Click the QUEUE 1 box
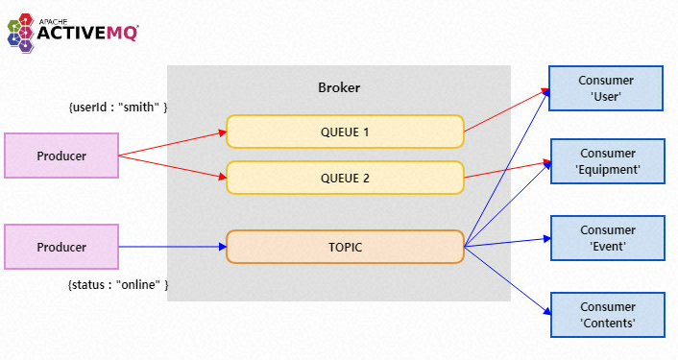pos(345,132)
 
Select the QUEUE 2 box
pos(345,178)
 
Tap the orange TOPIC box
pos(345,247)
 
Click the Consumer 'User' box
pos(606,87)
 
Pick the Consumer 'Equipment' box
pos(606,160)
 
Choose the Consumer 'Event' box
pos(606,238)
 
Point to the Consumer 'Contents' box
pos(606,315)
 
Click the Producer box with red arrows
pos(61,156)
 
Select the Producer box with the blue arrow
pos(61,247)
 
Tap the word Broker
pos(338,88)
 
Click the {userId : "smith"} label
pos(118,108)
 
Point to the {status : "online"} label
pos(118,285)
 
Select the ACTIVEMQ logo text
pos(87,35)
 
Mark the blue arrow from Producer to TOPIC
pos(173,247)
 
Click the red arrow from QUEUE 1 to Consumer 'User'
pos(507,110)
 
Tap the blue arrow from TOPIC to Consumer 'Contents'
pos(507,279)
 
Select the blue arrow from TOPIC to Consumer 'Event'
pos(507,243)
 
